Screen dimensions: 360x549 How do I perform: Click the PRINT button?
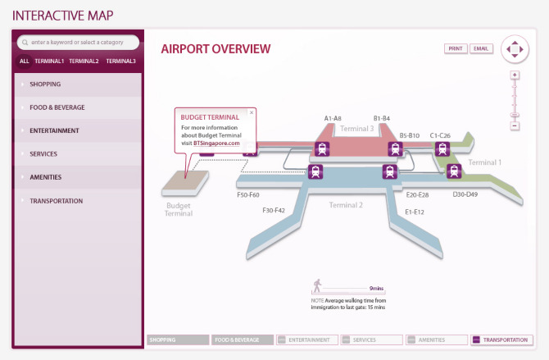coord(456,48)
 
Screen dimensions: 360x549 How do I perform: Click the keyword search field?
coord(79,42)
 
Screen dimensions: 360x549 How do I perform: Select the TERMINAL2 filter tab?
coord(84,61)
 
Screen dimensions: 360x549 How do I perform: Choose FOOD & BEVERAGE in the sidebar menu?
coord(57,107)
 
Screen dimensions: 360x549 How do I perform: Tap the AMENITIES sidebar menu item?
coord(45,177)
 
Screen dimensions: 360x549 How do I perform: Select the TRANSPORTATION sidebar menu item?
coord(56,201)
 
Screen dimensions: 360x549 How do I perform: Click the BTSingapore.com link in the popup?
coord(217,144)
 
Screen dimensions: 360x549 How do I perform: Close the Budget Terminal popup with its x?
coord(252,112)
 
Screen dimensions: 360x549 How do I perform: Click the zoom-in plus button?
coord(515,75)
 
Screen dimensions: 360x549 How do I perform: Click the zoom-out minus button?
coord(515,126)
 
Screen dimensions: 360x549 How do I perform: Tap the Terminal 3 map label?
coord(356,129)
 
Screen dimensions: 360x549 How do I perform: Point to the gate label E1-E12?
coord(414,212)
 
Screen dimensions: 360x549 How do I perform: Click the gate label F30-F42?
coord(274,211)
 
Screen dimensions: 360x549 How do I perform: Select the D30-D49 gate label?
coord(465,194)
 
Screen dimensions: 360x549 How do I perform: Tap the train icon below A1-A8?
coord(323,149)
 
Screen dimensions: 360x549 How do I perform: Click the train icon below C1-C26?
coord(442,149)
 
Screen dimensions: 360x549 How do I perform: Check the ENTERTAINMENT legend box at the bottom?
coord(281,339)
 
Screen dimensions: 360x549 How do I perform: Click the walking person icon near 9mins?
coord(316,286)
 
